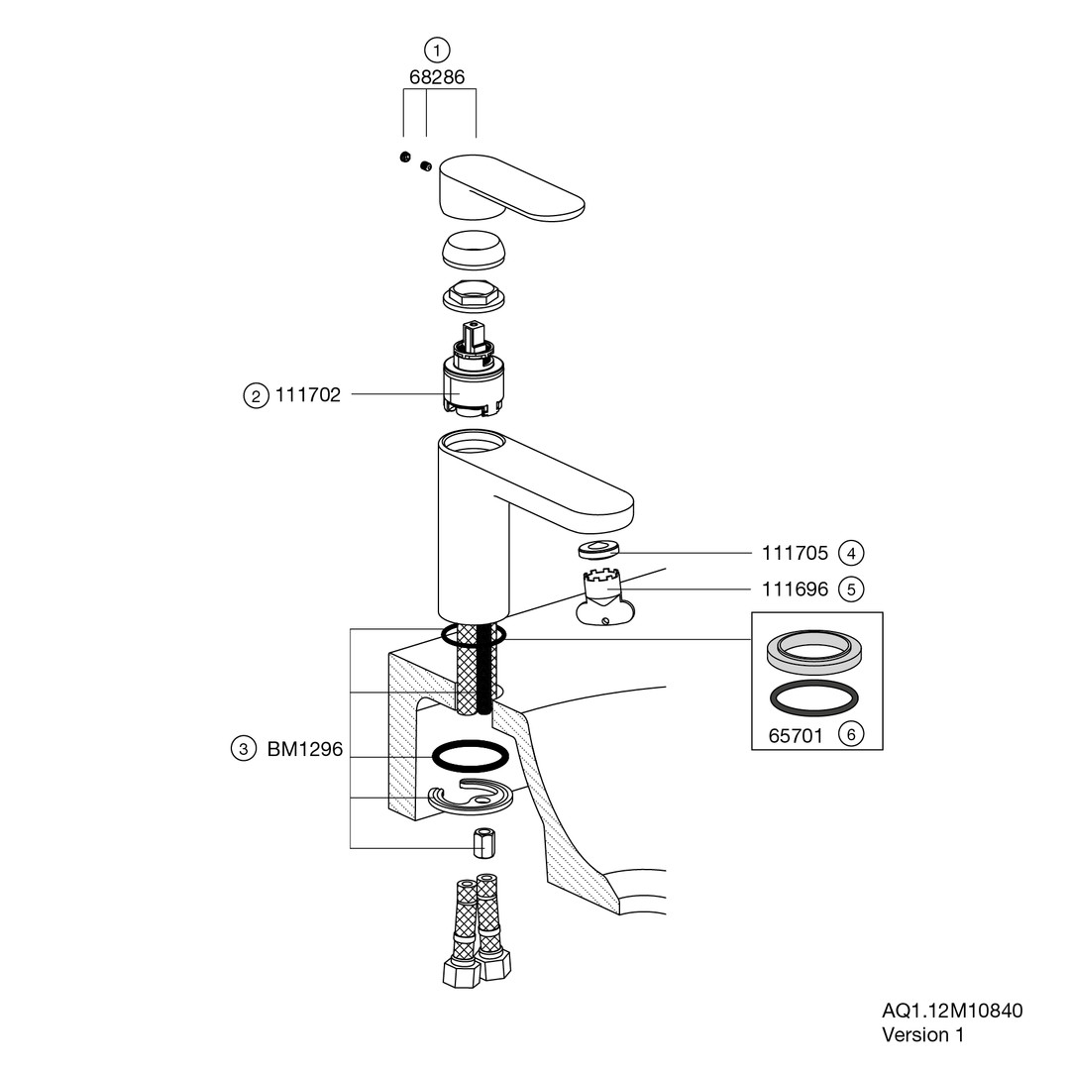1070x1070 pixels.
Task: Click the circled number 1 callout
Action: [x=437, y=50]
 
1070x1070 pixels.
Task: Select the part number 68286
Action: [x=437, y=77]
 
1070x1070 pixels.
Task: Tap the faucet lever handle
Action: [x=512, y=187]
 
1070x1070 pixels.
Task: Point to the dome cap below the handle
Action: [x=475, y=250]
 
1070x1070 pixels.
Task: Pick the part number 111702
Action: [x=308, y=395]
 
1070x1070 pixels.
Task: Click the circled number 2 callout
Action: [x=256, y=395]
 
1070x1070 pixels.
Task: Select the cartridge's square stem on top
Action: [x=473, y=336]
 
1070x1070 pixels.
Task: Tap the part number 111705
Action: [x=795, y=553]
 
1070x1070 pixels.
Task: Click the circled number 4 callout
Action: [x=851, y=553]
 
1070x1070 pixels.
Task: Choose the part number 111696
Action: [x=795, y=588]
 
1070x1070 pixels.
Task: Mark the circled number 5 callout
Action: [x=851, y=588]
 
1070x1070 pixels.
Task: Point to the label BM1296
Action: [x=305, y=749]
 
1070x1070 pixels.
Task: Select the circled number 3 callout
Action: [x=244, y=749]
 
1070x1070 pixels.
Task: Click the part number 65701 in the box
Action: [x=796, y=735]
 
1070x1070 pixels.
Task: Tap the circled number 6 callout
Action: [x=851, y=735]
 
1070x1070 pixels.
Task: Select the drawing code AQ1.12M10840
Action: [x=952, y=1011]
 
